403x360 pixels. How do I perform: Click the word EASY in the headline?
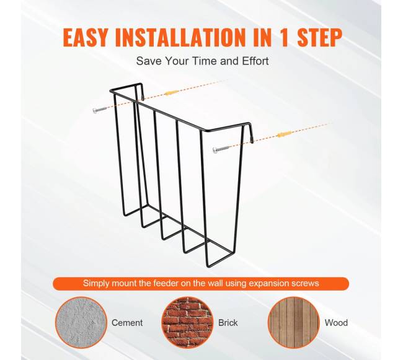pos(85,38)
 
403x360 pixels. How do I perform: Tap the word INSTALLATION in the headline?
pos(180,38)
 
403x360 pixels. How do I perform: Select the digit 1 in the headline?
pos(284,38)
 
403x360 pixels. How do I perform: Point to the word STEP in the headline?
pos(319,38)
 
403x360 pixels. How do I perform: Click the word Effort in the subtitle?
pos(255,61)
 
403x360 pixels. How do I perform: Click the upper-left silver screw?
pos(99,110)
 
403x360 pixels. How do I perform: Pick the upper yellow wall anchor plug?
pos(170,93)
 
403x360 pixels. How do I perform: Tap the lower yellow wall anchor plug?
pos(285,134)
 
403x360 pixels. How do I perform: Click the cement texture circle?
pos(81,322)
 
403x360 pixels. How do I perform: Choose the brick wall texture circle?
pos(187,322)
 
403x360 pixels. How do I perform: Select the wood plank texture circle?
pos(293,322)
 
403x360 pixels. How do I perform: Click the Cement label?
pos(127,323)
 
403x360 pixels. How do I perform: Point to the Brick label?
pos(228,323)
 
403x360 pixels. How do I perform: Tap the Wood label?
pos(336,323)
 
